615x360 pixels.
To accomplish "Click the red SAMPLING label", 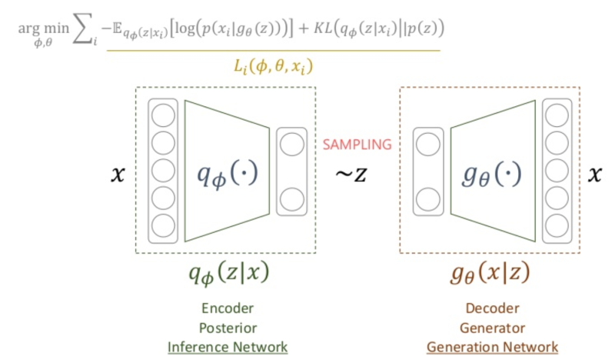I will (x=357, y=144).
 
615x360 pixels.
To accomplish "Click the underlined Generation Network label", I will (x=493, y=347).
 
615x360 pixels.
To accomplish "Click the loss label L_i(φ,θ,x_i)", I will (x=273, y=67).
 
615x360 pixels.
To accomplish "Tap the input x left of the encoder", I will (x=118, y=175).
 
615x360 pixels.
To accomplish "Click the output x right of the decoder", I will (x=594, y=175).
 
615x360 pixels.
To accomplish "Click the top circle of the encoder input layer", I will (x=162, y=115).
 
